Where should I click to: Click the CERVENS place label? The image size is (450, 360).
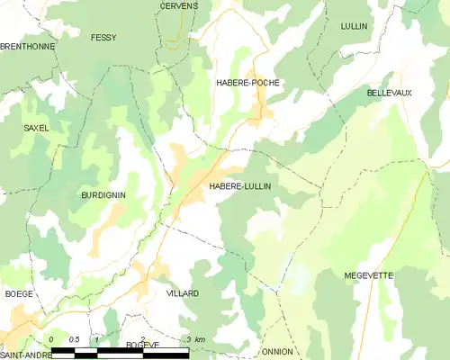[x=178, y=5]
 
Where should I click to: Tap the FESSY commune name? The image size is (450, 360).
[x=103, y=38]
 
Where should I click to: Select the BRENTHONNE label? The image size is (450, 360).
[x=27, y=46]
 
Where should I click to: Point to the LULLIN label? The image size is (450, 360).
[x=355, y=27]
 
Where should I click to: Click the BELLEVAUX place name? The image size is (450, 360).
[x=390, y=93]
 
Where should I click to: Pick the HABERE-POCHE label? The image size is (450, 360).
[x=247, y=83]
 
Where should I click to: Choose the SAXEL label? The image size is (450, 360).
[x=36, y=129]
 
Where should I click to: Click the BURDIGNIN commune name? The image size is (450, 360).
[x=103, y=195]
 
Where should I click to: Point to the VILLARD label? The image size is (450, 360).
[x=183, y=294]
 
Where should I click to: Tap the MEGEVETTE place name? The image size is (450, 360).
[x=370, y=275]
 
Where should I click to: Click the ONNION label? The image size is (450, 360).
[x=277, y=352]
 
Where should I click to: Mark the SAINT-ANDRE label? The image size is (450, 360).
[x=25, y=355]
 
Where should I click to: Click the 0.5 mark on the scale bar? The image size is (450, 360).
[x=75, y=339]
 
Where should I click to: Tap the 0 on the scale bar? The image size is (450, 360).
[x=51, y=339]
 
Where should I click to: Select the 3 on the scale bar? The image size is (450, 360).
[x=186, y=339]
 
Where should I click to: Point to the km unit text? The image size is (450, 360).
[x=200, y=339]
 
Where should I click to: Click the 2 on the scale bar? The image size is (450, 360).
[x=142, y=338]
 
